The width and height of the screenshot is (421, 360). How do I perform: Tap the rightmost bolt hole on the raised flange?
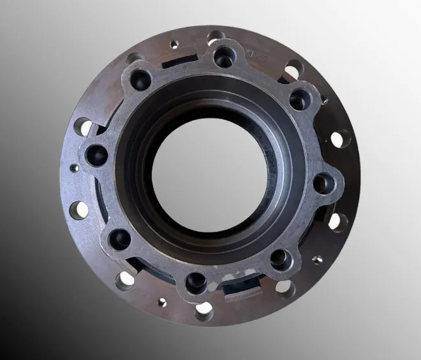tap(323, 184)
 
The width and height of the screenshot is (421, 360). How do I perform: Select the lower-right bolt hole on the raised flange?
tap(279, 257)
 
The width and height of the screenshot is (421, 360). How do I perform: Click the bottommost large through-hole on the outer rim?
tap(203, 312)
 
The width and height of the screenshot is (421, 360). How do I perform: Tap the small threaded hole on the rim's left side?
tap(75, 168)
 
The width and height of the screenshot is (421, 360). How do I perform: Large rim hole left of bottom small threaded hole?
tap(125, 278)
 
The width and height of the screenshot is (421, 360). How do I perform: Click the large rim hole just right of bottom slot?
tap(284, 289)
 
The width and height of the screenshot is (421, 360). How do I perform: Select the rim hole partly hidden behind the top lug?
tap(217, 36)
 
